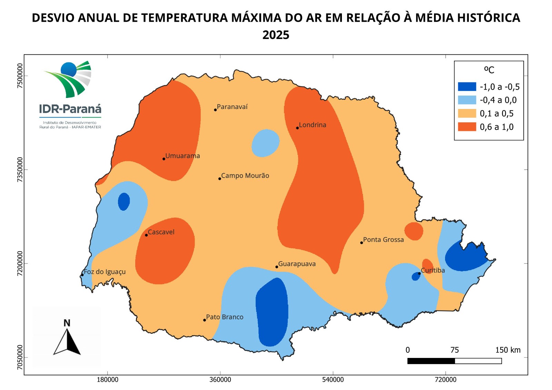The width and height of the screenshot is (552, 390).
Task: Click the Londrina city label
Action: coord(312,125)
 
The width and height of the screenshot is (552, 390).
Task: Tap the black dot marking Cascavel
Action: coord(146,235)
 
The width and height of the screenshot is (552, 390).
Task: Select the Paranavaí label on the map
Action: coord(232,107)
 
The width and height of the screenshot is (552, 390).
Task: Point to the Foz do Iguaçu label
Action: coord(105,272)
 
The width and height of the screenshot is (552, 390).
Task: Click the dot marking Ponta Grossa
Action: coord(362,243)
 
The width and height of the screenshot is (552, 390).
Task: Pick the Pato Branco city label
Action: coord(225,317)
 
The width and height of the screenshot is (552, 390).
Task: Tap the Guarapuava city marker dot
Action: coord(277,267)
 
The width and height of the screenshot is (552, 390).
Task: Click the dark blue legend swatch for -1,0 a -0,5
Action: coord(467,87)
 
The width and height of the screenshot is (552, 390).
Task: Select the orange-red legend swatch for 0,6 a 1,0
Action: coord(467,127)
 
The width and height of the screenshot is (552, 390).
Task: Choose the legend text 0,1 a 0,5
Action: coord(496,113)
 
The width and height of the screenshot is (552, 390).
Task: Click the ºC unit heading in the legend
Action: coord(489,70)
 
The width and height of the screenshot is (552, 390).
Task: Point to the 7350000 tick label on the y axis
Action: coord(20,169)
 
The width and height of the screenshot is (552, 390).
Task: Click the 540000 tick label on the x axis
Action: coord(333,380)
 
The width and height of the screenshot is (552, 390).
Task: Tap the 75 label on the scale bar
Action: coord(454,350)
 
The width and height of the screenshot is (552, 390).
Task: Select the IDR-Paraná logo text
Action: coord(70,109)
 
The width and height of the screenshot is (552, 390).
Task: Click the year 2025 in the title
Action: coord(276,35)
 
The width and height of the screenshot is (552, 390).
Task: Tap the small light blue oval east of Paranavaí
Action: coord(265,143)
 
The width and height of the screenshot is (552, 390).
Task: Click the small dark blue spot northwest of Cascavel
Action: coord(124,201)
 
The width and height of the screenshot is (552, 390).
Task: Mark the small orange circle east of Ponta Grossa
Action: coord(414,231)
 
